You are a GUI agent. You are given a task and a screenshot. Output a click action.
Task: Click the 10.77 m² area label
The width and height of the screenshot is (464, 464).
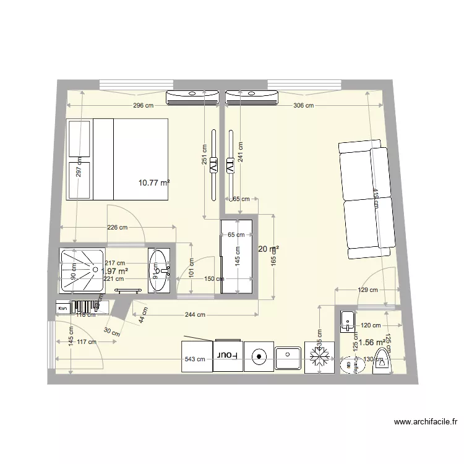(154, 183)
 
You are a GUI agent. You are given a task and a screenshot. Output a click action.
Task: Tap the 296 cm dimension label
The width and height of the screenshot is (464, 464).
(143, 106)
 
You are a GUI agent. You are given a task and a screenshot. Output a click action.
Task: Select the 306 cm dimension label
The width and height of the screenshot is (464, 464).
(303, 106)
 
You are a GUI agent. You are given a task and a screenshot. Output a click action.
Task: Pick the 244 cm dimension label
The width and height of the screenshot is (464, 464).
(195, 315)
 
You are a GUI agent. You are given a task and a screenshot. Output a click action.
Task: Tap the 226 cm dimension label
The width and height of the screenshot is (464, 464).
(118, 227)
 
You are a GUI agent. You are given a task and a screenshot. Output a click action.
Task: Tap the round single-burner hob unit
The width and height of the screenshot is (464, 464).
(259, 356)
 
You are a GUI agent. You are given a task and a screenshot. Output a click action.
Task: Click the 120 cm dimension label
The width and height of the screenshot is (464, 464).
(371, 325)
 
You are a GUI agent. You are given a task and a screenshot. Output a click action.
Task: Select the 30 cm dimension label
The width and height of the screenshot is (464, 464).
(112, 332)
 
